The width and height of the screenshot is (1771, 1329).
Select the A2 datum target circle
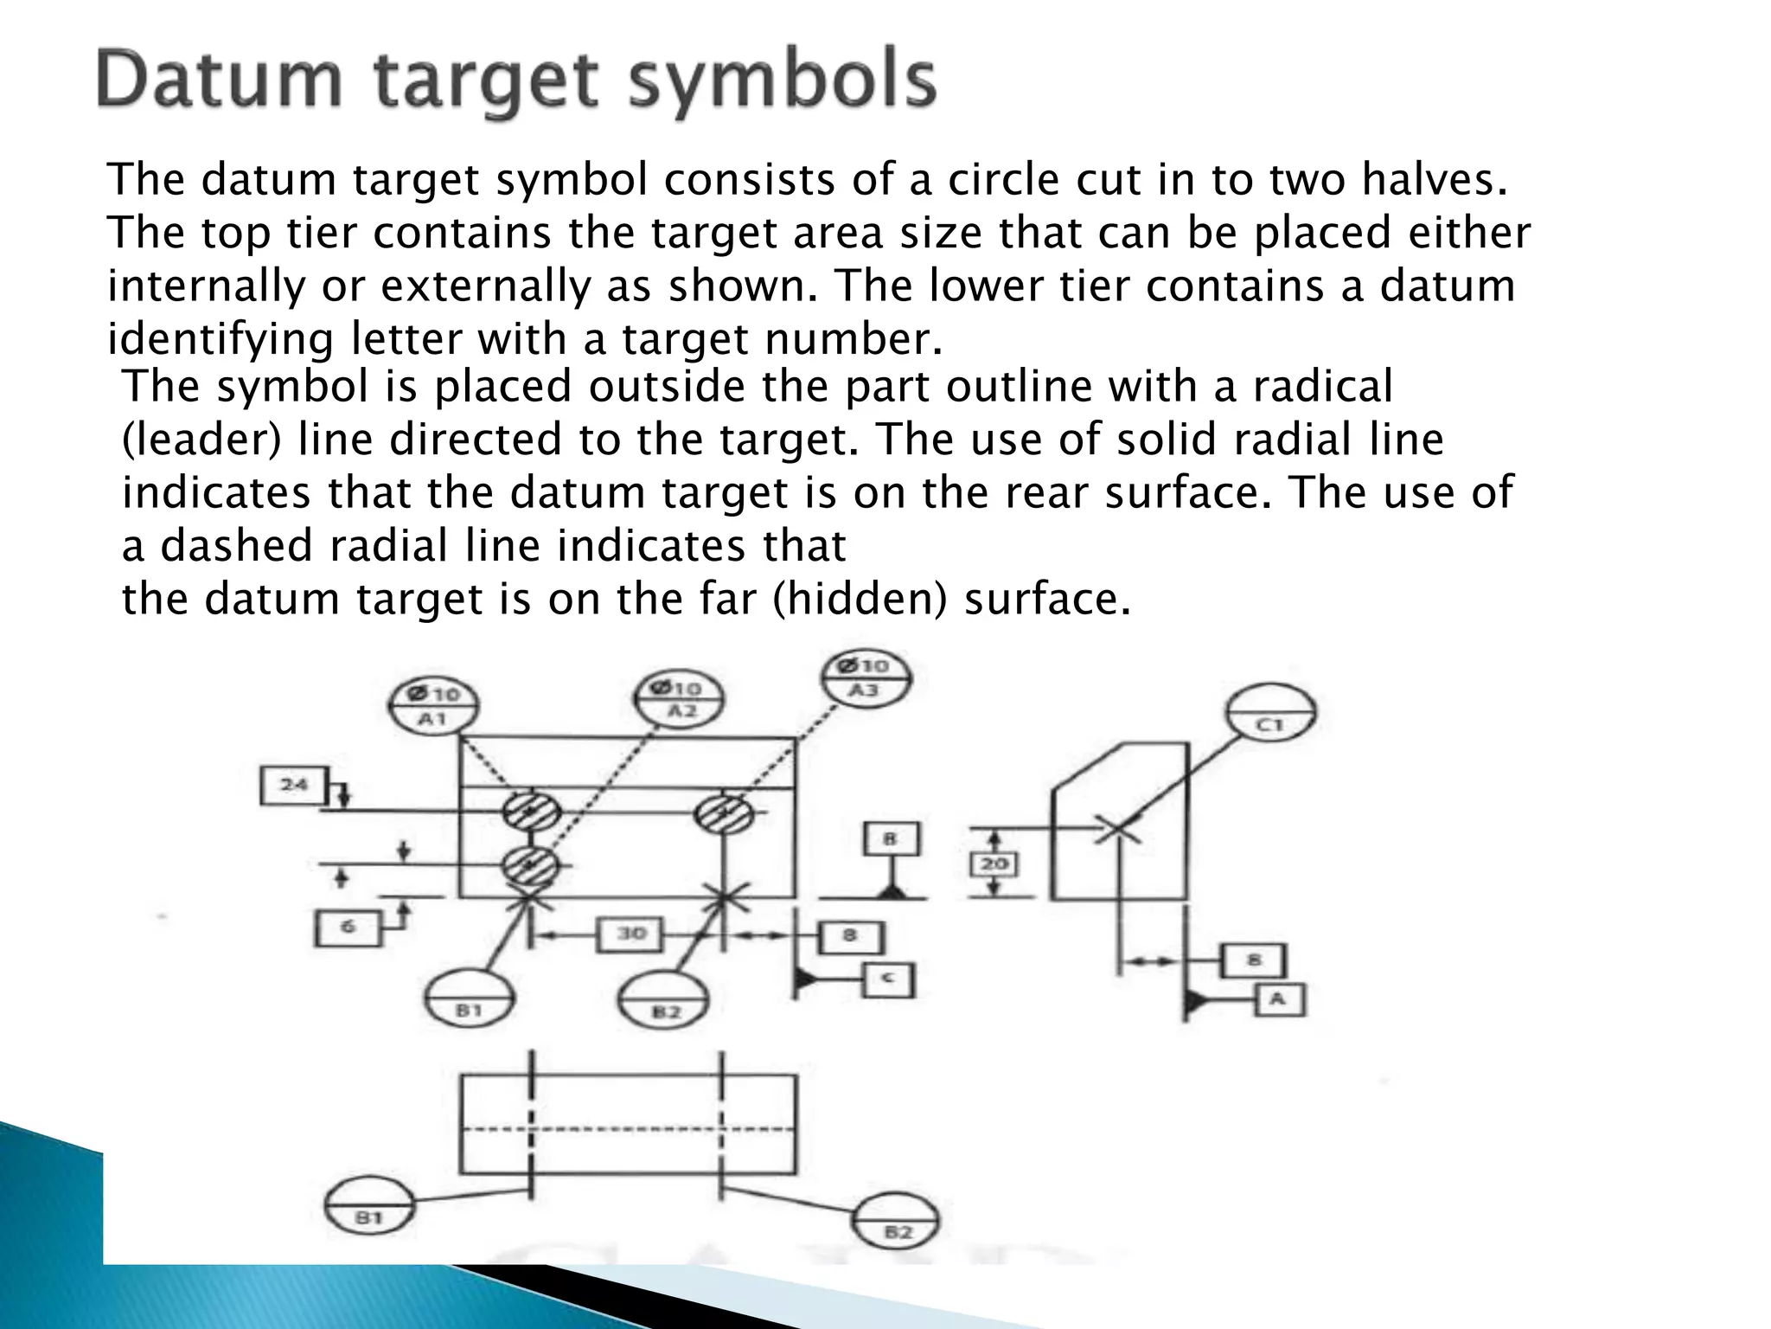(680, 699)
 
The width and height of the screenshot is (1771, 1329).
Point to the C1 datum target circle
(1270, 714)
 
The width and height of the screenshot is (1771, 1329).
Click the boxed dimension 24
(294, 786)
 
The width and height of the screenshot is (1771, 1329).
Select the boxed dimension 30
(632, 934)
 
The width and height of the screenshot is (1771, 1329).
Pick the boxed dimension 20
(994, 864)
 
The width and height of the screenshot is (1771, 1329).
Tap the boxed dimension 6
(348, 928)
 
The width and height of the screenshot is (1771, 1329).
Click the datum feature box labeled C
(888, 980)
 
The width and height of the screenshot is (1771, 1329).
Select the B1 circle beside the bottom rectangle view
(369, 1205)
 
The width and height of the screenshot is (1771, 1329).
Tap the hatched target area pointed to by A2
(530, 864)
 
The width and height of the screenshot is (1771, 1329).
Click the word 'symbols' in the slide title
(782, 80)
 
